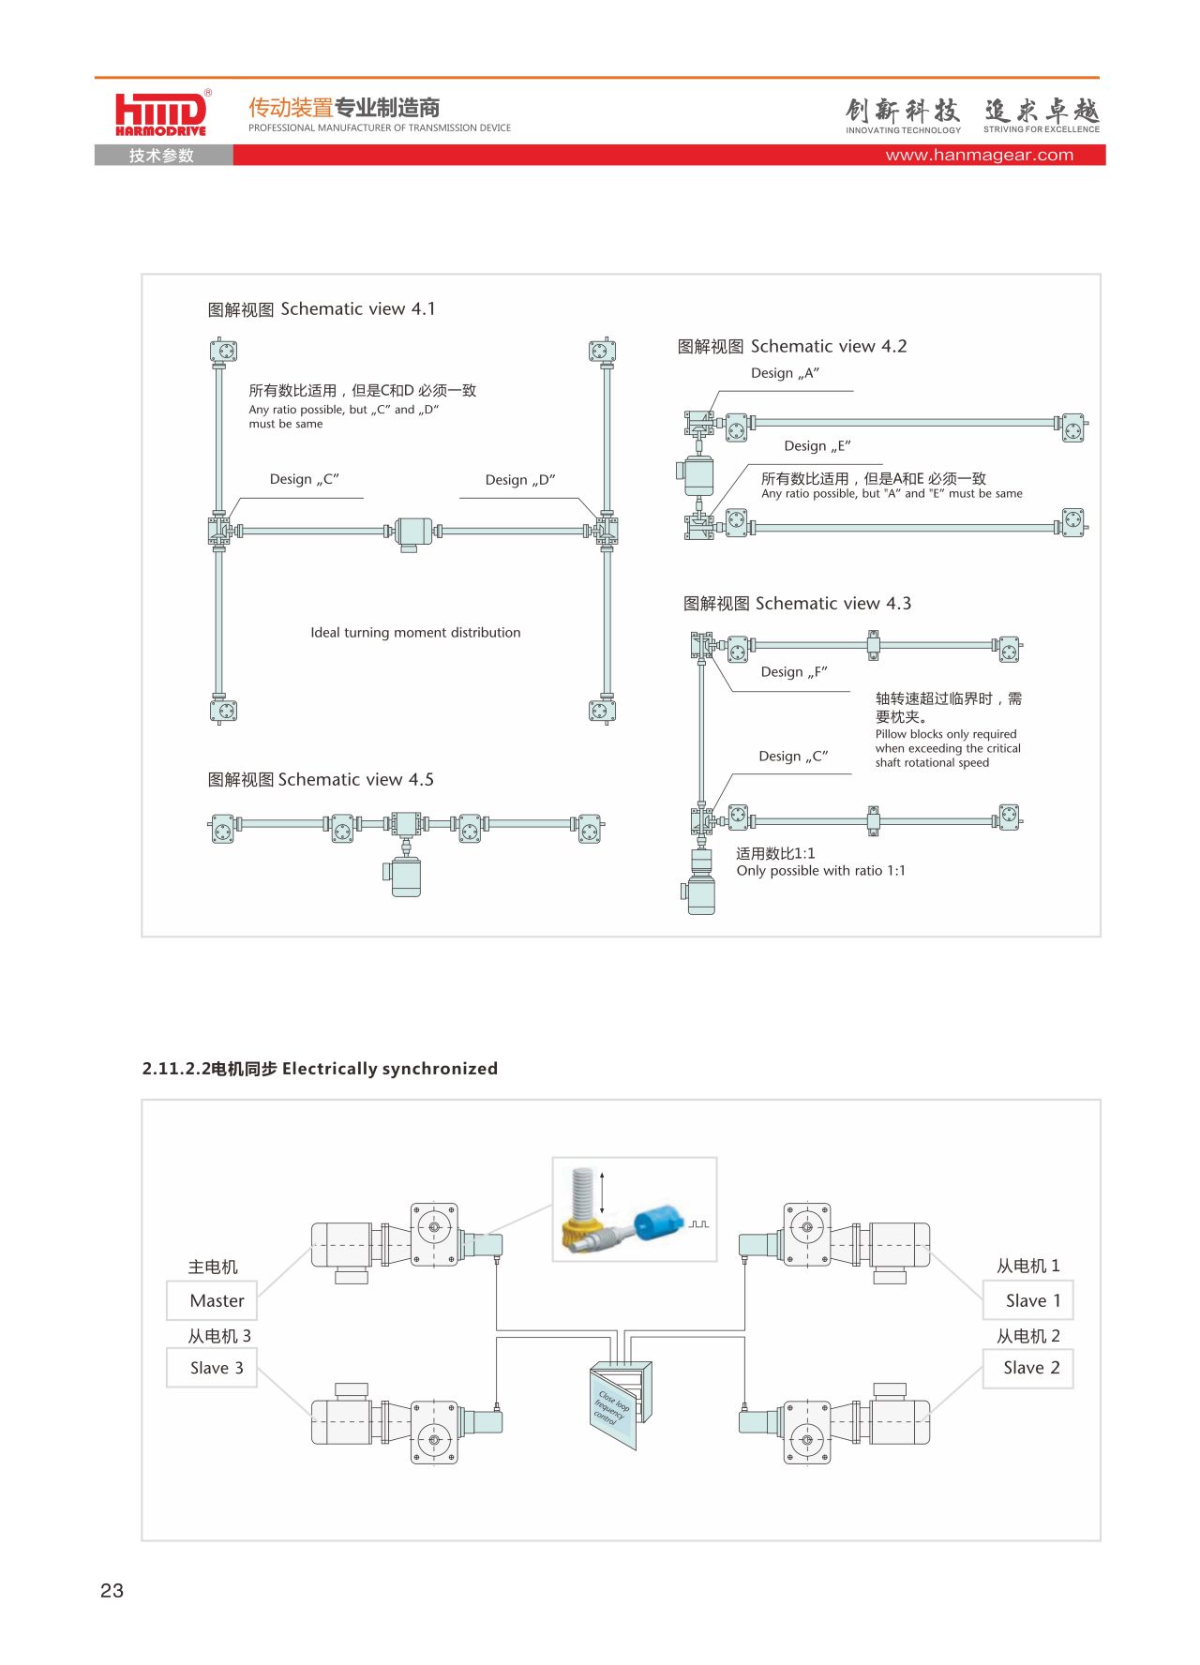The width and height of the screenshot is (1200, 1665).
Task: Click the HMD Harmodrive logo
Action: click(x=161, y=114)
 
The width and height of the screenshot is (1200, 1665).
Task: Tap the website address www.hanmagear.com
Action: click(x=980, y=155)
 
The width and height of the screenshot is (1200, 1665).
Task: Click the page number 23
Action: click(x=112, y=1590)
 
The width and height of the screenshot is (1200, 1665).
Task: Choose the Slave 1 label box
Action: click(x=1028, y=1300)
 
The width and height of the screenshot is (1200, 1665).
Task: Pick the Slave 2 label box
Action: click(x=1028, y=1368)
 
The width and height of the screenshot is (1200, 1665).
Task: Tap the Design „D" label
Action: click(x=520, y=480)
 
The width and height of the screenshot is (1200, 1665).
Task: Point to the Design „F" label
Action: click(x=794, y=672)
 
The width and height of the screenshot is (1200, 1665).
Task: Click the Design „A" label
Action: click(x=786, y=373)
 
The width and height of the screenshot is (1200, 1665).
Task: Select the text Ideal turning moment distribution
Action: click(x=415, y=633)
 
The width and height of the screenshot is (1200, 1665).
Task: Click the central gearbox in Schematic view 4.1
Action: click(x=412, y=532)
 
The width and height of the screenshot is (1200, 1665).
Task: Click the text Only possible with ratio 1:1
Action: click(x=821, y=871)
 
